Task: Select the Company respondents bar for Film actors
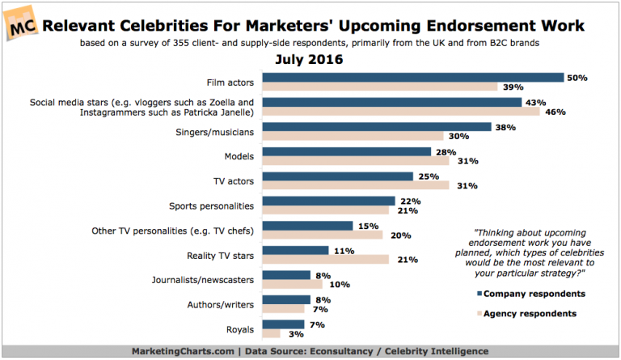[413, 78]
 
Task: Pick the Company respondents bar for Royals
[282, 325]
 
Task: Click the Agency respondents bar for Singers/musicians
[353, 136]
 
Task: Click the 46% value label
[555, 112]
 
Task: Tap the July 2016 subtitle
[310, 60]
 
